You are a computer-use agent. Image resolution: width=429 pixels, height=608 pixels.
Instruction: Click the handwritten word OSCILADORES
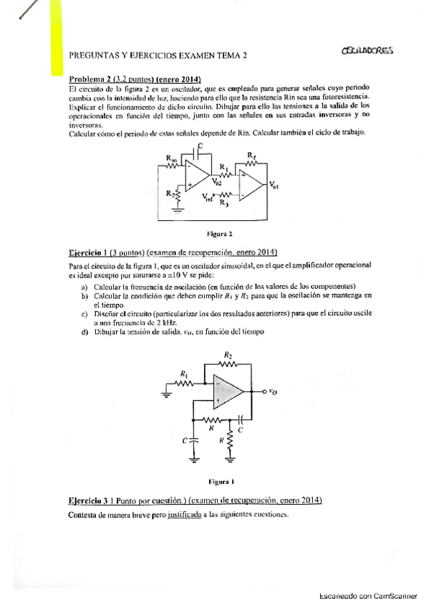click(367, 51)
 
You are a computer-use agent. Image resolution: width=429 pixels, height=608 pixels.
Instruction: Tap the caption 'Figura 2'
click(217, 233)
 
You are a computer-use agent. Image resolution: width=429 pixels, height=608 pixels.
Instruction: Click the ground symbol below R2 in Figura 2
click(178, 211)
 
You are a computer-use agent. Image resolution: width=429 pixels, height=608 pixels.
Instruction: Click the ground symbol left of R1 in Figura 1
click(167, 393)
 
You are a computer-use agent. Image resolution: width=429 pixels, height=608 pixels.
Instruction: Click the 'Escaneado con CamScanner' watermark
click(372, 597)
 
